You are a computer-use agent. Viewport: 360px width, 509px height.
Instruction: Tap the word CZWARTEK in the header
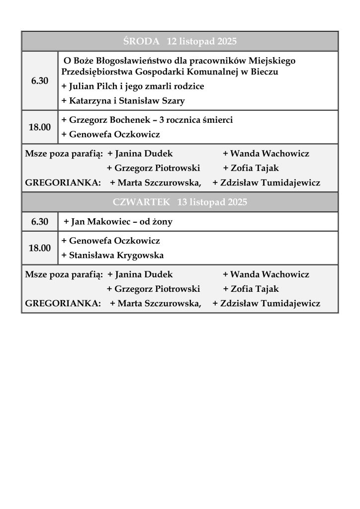(x=141, y=202)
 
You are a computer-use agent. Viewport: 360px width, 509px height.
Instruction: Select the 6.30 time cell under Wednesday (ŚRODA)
(x=40, y=81)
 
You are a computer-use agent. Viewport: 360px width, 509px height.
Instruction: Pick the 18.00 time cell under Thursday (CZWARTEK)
(x=40, y=248)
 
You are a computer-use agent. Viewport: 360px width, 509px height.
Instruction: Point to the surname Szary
(x=174, y=101)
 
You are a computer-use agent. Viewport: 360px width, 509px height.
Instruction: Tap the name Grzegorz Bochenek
(x=102, y=120)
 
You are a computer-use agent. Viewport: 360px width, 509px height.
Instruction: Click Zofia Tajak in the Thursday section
(x=255, y=289)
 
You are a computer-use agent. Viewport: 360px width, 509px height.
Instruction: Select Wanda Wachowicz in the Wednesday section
(x=270, y=154)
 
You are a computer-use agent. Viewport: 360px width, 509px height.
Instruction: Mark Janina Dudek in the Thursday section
(x=144, y=274)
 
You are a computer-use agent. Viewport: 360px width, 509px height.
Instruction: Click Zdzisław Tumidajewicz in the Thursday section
(x=270, y=303)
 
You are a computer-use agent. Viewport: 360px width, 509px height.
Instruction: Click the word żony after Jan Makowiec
(x=163, y=222)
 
